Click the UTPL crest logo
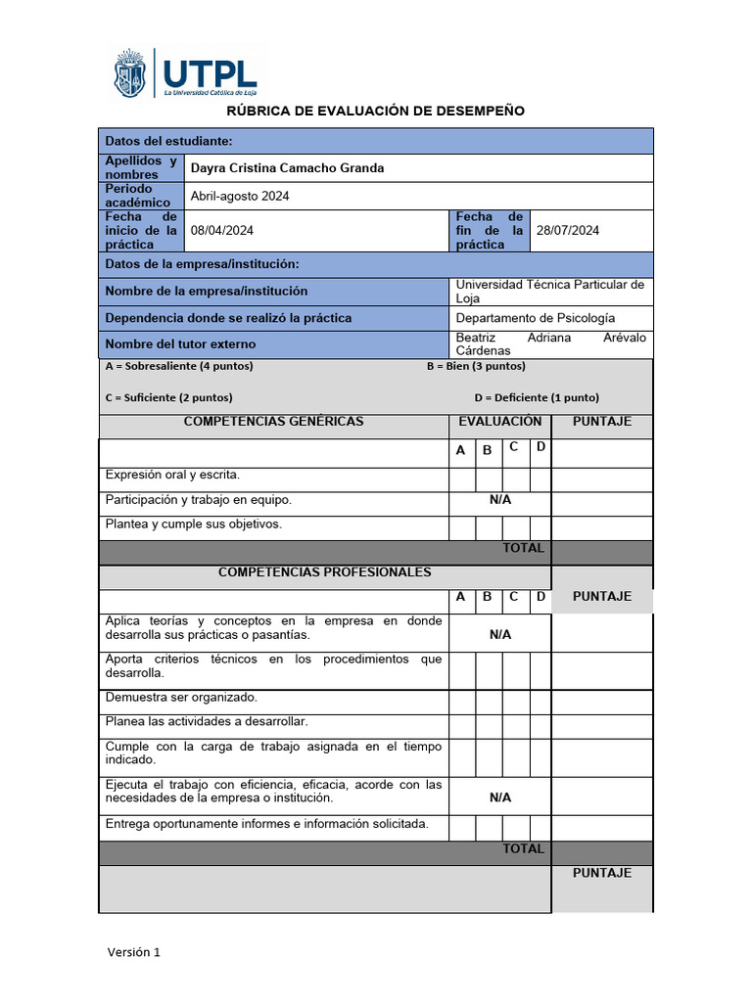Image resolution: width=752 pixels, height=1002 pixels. (x=130, y=74)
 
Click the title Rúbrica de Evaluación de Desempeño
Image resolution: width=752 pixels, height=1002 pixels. (x=376, y=111)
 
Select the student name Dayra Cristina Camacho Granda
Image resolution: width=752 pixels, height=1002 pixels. (x=287, y=168)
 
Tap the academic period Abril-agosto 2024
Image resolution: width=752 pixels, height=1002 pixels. (x=240, y=196)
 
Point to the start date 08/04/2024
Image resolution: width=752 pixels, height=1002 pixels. (x=222, y=231)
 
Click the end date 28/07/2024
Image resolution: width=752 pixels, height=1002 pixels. (x=568, y=231)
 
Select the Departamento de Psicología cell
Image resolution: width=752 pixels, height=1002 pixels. (x=536, y=318)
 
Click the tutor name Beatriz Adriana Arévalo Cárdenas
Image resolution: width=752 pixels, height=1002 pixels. (x=550, y=343)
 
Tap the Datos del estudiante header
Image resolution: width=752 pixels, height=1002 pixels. (x=168, y=141)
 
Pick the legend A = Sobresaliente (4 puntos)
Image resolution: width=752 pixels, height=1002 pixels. (x=179, y=366)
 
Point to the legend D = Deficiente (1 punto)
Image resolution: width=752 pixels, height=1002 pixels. (x=537, y=397)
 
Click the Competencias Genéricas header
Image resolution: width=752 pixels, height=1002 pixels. (x=274, y=422)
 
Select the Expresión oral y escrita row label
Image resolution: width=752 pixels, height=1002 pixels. (x=172, y=475)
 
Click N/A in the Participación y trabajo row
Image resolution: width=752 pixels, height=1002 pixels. (x=500, y=500)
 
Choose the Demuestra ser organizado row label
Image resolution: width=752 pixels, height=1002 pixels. (x=181, y=697)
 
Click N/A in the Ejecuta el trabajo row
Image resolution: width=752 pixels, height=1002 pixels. (x=500, y=797)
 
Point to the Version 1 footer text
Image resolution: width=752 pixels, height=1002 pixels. (x=133, y=952)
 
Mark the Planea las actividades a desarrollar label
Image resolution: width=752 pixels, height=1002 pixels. (x=207, y=721)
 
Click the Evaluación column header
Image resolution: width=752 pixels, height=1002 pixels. (x=500, y=422)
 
